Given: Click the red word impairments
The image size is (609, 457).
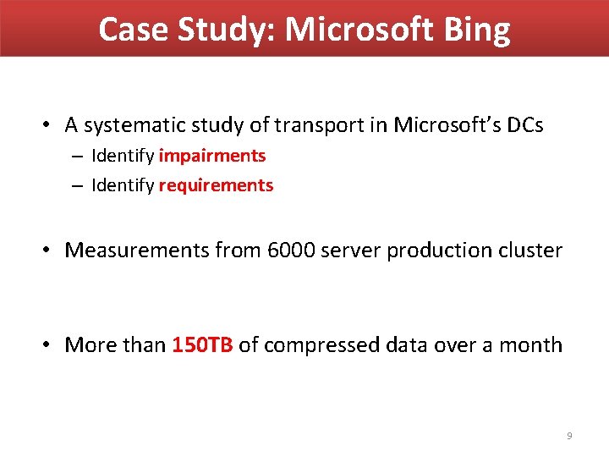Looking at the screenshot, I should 212,156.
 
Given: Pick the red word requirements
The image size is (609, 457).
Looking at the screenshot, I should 216,185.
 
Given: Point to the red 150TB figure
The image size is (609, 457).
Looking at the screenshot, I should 202,345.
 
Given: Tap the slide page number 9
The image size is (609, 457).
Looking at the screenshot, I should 569,436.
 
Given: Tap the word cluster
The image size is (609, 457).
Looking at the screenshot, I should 529,251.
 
